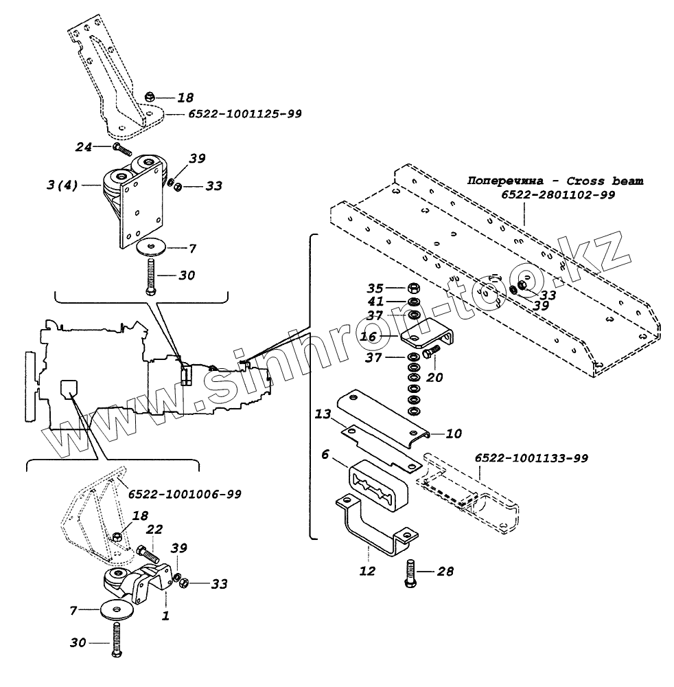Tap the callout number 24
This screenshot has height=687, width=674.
83,146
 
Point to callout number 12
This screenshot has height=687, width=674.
367,571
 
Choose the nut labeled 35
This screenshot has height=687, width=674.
415,289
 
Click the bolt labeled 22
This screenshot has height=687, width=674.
146,551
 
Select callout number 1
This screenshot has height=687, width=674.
165,616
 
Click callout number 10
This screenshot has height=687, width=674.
454,433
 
